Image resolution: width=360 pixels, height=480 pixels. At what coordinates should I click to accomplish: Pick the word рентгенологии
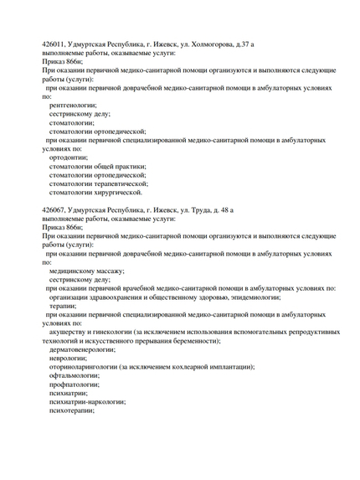(74, 106)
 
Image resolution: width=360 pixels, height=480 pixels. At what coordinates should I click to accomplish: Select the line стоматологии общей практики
(97, 166)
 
